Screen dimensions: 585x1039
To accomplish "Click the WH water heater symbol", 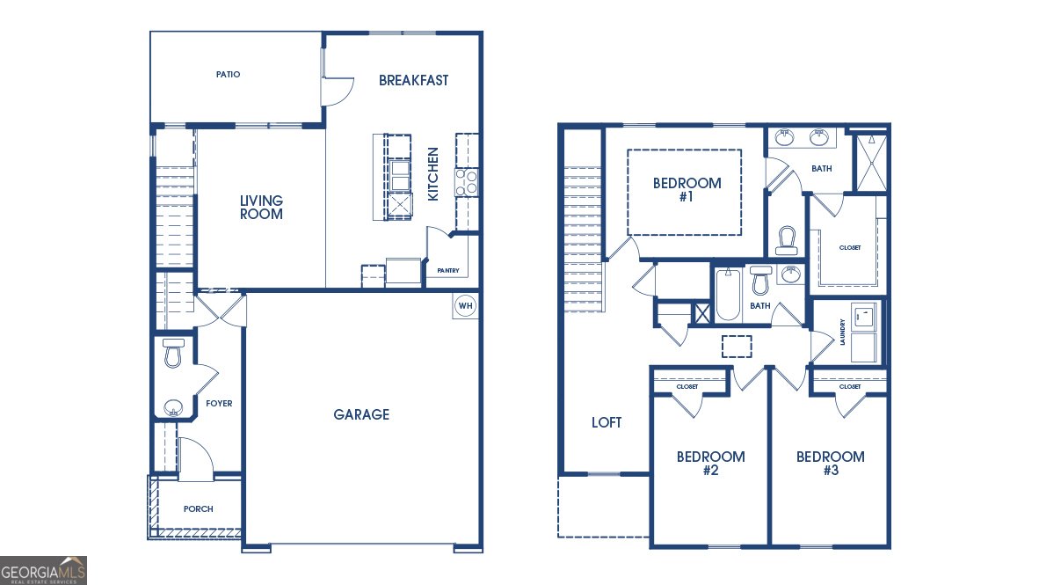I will click(465, 306).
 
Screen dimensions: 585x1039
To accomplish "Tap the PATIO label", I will click(229, 75).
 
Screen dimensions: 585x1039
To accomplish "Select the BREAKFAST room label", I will click(413, 80).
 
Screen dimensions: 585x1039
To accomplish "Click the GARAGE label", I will click(361, 414).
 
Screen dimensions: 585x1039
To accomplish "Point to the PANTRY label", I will click(442, 271).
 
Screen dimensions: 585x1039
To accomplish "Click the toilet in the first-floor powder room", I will click(173, 354).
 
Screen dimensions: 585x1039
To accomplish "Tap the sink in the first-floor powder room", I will click(173, 407).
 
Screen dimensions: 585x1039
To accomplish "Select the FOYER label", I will click(219, 404).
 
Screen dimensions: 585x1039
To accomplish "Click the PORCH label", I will click(198, 509).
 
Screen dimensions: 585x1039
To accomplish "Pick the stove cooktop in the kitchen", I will click(467, 182).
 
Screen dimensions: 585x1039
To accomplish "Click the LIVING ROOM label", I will click(262, 208).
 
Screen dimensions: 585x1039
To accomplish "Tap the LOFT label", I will click(607, 422).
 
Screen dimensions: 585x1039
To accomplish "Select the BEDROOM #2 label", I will click(710, 464).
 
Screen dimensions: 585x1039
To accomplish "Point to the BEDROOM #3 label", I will click(830, 464).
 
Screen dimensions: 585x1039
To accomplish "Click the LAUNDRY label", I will click(843, 333).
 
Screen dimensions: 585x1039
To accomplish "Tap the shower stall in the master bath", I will click(871, 161).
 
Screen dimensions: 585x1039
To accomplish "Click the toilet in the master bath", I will click(786, 240).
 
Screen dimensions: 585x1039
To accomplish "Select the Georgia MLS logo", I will click(44, 570).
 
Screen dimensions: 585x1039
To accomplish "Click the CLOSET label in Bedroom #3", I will click(850, 387).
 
